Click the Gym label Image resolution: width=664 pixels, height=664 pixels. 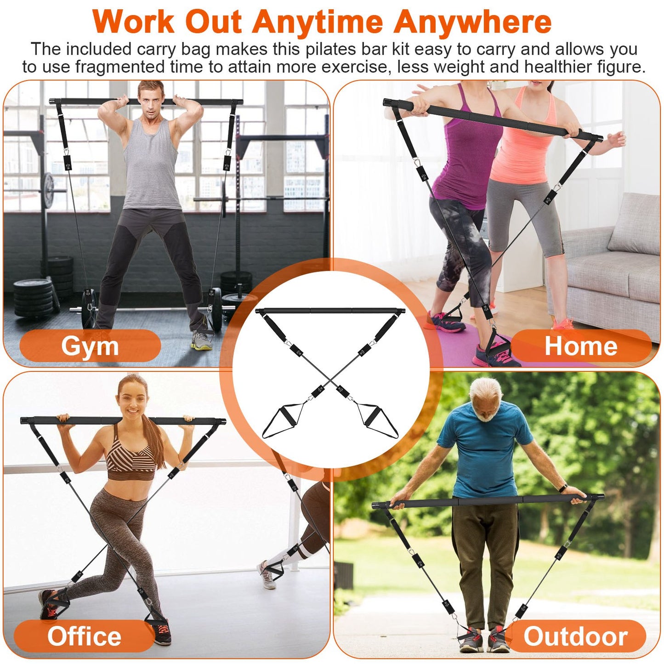pyautogui.click(x=90, y=346)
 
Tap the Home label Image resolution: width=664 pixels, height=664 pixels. pyautogui.click(x=581, y=346)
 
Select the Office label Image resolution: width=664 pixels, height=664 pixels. pyautogui.click(x=84, y=636)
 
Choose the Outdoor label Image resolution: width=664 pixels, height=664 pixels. pyautogui.click(x=575, y=636)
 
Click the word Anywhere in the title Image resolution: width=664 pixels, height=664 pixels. pyautogui.click(x=473, y=22)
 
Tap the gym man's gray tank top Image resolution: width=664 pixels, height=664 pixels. pyautogui.click(x=150, y=165)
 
